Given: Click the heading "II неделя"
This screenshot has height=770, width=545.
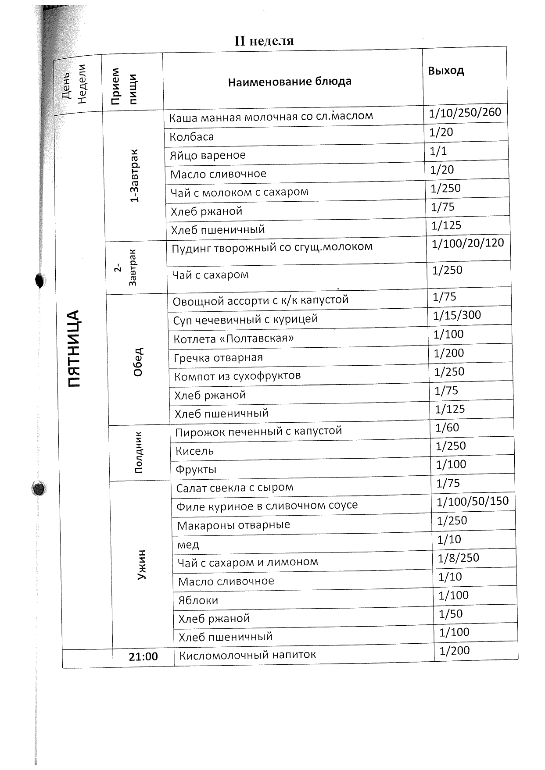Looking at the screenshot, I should click(264, 41).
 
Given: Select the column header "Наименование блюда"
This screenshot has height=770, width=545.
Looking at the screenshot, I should click(290, 82).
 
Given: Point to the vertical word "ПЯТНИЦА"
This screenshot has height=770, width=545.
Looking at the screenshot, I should click(75, 349).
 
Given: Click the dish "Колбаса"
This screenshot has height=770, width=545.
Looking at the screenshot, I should click(192, 137).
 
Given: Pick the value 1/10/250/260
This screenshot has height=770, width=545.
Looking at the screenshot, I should click(465, 113).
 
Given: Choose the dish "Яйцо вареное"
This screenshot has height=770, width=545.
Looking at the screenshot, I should click(208, 155).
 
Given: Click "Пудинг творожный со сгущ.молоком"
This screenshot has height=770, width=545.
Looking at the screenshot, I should click(272, 247).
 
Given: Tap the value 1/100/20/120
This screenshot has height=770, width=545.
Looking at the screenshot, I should click(468, 243).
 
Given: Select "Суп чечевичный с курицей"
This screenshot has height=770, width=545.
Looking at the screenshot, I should click(245, 320).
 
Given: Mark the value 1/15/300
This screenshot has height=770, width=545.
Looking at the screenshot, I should click(457, 315).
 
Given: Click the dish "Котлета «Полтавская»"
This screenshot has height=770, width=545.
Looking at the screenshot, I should click(233, 339).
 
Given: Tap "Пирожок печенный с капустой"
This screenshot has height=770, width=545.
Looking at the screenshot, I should click(258, 431).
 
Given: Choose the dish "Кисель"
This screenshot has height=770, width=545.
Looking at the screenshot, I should click(194, 451).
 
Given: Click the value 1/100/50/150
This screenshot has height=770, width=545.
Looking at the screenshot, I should click(473, 501).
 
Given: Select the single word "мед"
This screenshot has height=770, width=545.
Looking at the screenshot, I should click(188, 545).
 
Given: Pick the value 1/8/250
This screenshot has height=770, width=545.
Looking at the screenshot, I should click(458, 558).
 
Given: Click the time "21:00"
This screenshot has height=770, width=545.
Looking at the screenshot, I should click(143, 656).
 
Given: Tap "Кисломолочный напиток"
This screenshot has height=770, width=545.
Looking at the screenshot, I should click(247, 655).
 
